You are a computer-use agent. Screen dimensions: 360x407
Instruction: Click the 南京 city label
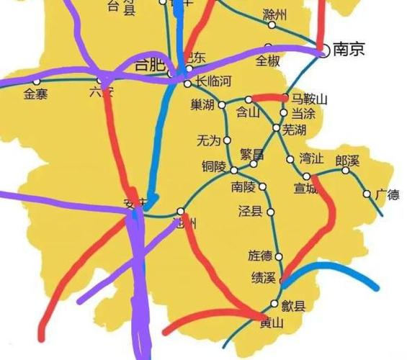[x=349, y=50]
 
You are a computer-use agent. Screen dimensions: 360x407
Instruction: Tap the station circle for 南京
[x=323, y=50]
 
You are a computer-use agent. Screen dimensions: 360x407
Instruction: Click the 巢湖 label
[x=203, y=106]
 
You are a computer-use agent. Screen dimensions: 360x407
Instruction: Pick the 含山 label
[x=249, y=112]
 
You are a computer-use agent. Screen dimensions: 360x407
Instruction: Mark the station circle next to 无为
[x=228, y=140]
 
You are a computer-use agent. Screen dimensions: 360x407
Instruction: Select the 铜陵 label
[x=214, y=167]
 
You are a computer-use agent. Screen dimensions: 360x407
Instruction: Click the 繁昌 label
[x=251, y=154]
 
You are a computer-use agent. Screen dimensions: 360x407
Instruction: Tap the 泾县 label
[x=249, y=212]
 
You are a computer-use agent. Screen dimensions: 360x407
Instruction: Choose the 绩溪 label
[x=262, y=276]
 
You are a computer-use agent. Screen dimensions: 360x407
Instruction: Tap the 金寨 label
[x=35, y=93]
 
